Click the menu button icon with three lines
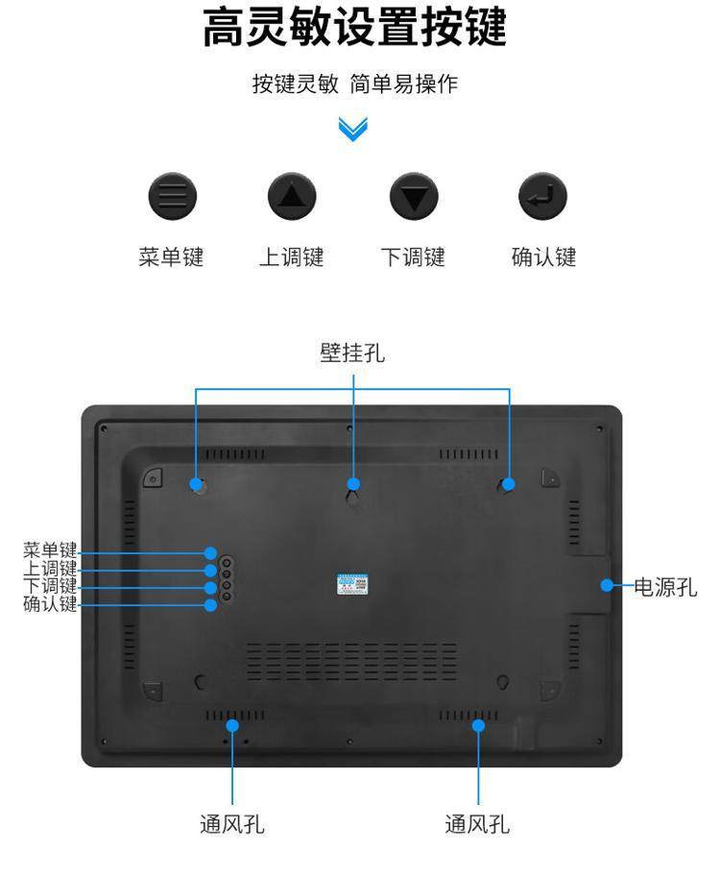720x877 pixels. (173, 196)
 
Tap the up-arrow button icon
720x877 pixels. (292, 196)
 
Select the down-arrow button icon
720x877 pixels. (414, 196)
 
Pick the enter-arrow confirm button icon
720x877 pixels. (542, 196)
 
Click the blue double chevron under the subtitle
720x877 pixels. (352, 130)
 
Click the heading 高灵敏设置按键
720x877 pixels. (354, 28)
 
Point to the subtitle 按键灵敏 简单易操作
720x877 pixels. (355, 85)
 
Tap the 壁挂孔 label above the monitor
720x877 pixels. (352, 353)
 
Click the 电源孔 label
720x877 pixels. (665, 588)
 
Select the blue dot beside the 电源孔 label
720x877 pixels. (607, 586)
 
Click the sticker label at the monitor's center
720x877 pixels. (352, 584)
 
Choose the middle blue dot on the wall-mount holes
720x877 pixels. (353, 484)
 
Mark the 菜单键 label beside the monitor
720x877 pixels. (50, 550)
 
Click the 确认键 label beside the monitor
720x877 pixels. (50, 604)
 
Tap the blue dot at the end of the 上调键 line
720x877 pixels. (211, 571)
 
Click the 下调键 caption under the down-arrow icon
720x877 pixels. (413, 257)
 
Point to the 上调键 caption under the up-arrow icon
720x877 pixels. (292, 257)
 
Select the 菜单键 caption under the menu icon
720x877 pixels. (172, 257)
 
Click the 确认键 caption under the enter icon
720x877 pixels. (544, 257)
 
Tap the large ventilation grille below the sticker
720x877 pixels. (352, 662)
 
